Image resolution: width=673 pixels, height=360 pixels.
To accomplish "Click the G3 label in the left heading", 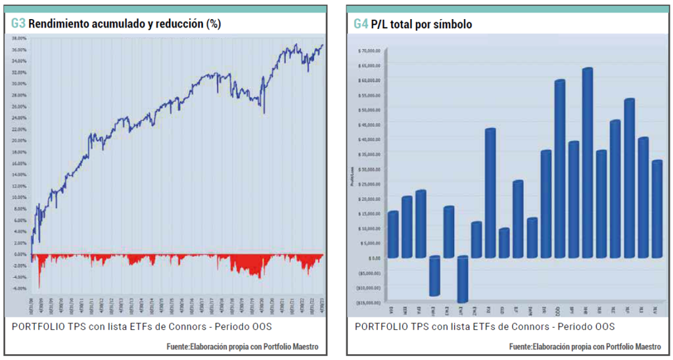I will point(18,24).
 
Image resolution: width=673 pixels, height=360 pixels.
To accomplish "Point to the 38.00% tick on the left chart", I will point(20,38).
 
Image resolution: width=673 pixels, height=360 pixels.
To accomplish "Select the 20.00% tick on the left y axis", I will point(20,141).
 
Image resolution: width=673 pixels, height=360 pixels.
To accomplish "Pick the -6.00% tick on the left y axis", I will point(20,288).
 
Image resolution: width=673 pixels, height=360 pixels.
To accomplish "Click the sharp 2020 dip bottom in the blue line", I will point(264,112).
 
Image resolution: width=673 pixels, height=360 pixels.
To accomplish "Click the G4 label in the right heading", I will point(361,24).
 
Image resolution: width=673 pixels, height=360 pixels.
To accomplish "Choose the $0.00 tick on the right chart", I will point(372,258).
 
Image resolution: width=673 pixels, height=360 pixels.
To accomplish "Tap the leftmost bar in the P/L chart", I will point(392,234).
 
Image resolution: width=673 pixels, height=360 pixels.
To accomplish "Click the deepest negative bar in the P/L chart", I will point(462,279).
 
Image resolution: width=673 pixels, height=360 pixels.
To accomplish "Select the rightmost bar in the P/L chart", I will point(656,209).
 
